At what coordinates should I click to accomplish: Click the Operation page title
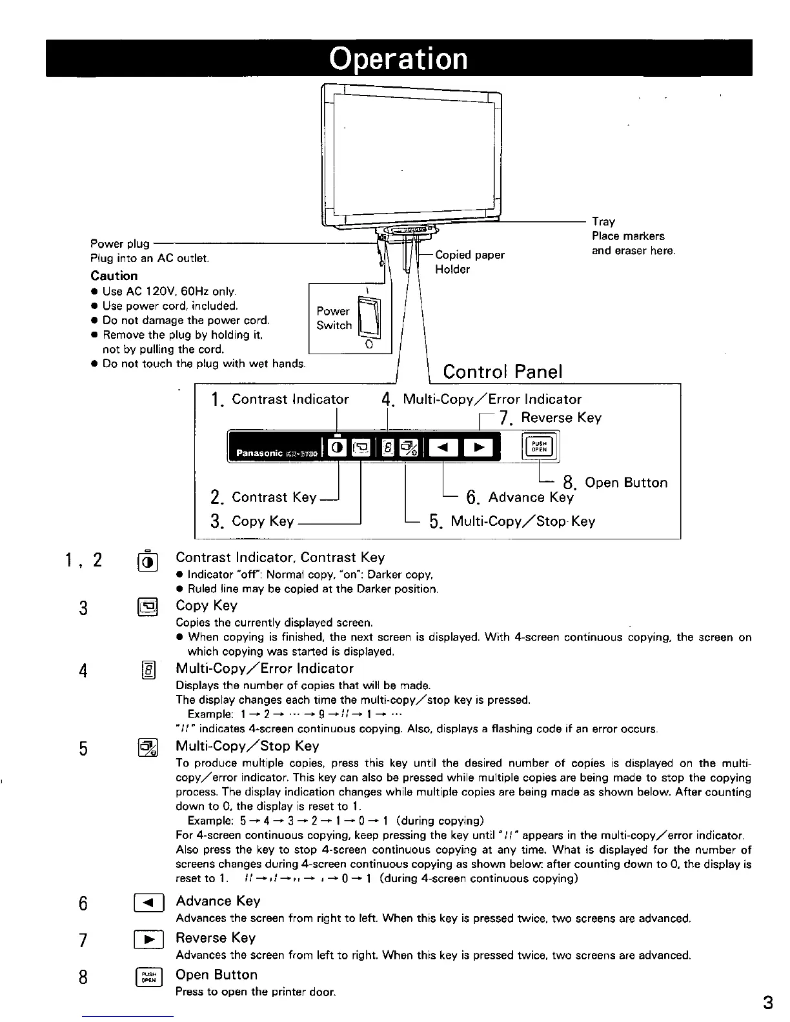pos(398,58)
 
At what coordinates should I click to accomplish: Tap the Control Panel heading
pos(503,372)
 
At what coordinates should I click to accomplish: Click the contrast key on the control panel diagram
pos(337,446)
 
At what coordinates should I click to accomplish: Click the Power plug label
pos(120,244)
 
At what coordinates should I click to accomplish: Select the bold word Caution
pos(114,276)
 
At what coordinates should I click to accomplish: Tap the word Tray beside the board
pos(603,221)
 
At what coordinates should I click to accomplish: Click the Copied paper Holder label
pos(470,262)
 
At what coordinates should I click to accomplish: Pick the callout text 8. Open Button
pos(615,483)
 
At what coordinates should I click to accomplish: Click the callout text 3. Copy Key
pos(252,521)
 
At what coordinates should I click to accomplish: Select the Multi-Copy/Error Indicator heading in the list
pos(265,668)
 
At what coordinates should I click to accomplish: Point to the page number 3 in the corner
pos(767,1003)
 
